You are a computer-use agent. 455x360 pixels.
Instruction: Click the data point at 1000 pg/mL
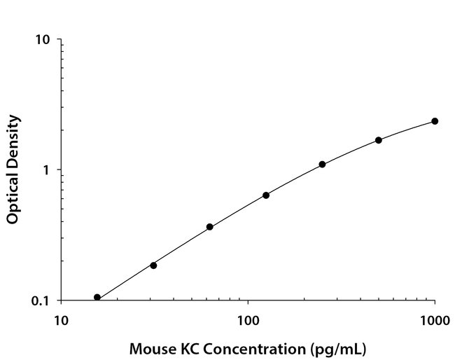tap(435, 121)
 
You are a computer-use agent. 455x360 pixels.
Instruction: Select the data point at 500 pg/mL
tap(379, 140)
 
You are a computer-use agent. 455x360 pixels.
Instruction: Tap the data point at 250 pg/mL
tap(322, 165)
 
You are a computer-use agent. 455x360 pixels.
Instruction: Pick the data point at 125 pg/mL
tap(266, 195)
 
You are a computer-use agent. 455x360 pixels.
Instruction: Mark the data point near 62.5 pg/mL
tap(209, 227)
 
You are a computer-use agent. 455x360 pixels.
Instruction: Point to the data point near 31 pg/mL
tap(153, 265)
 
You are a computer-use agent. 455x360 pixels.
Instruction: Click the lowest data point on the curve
tap(97, 298)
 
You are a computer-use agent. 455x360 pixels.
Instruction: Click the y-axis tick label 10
tap(43, 40)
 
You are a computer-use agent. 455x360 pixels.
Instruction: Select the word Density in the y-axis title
tap(12, 139)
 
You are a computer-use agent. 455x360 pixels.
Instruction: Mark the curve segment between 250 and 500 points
tap(351, 151)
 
